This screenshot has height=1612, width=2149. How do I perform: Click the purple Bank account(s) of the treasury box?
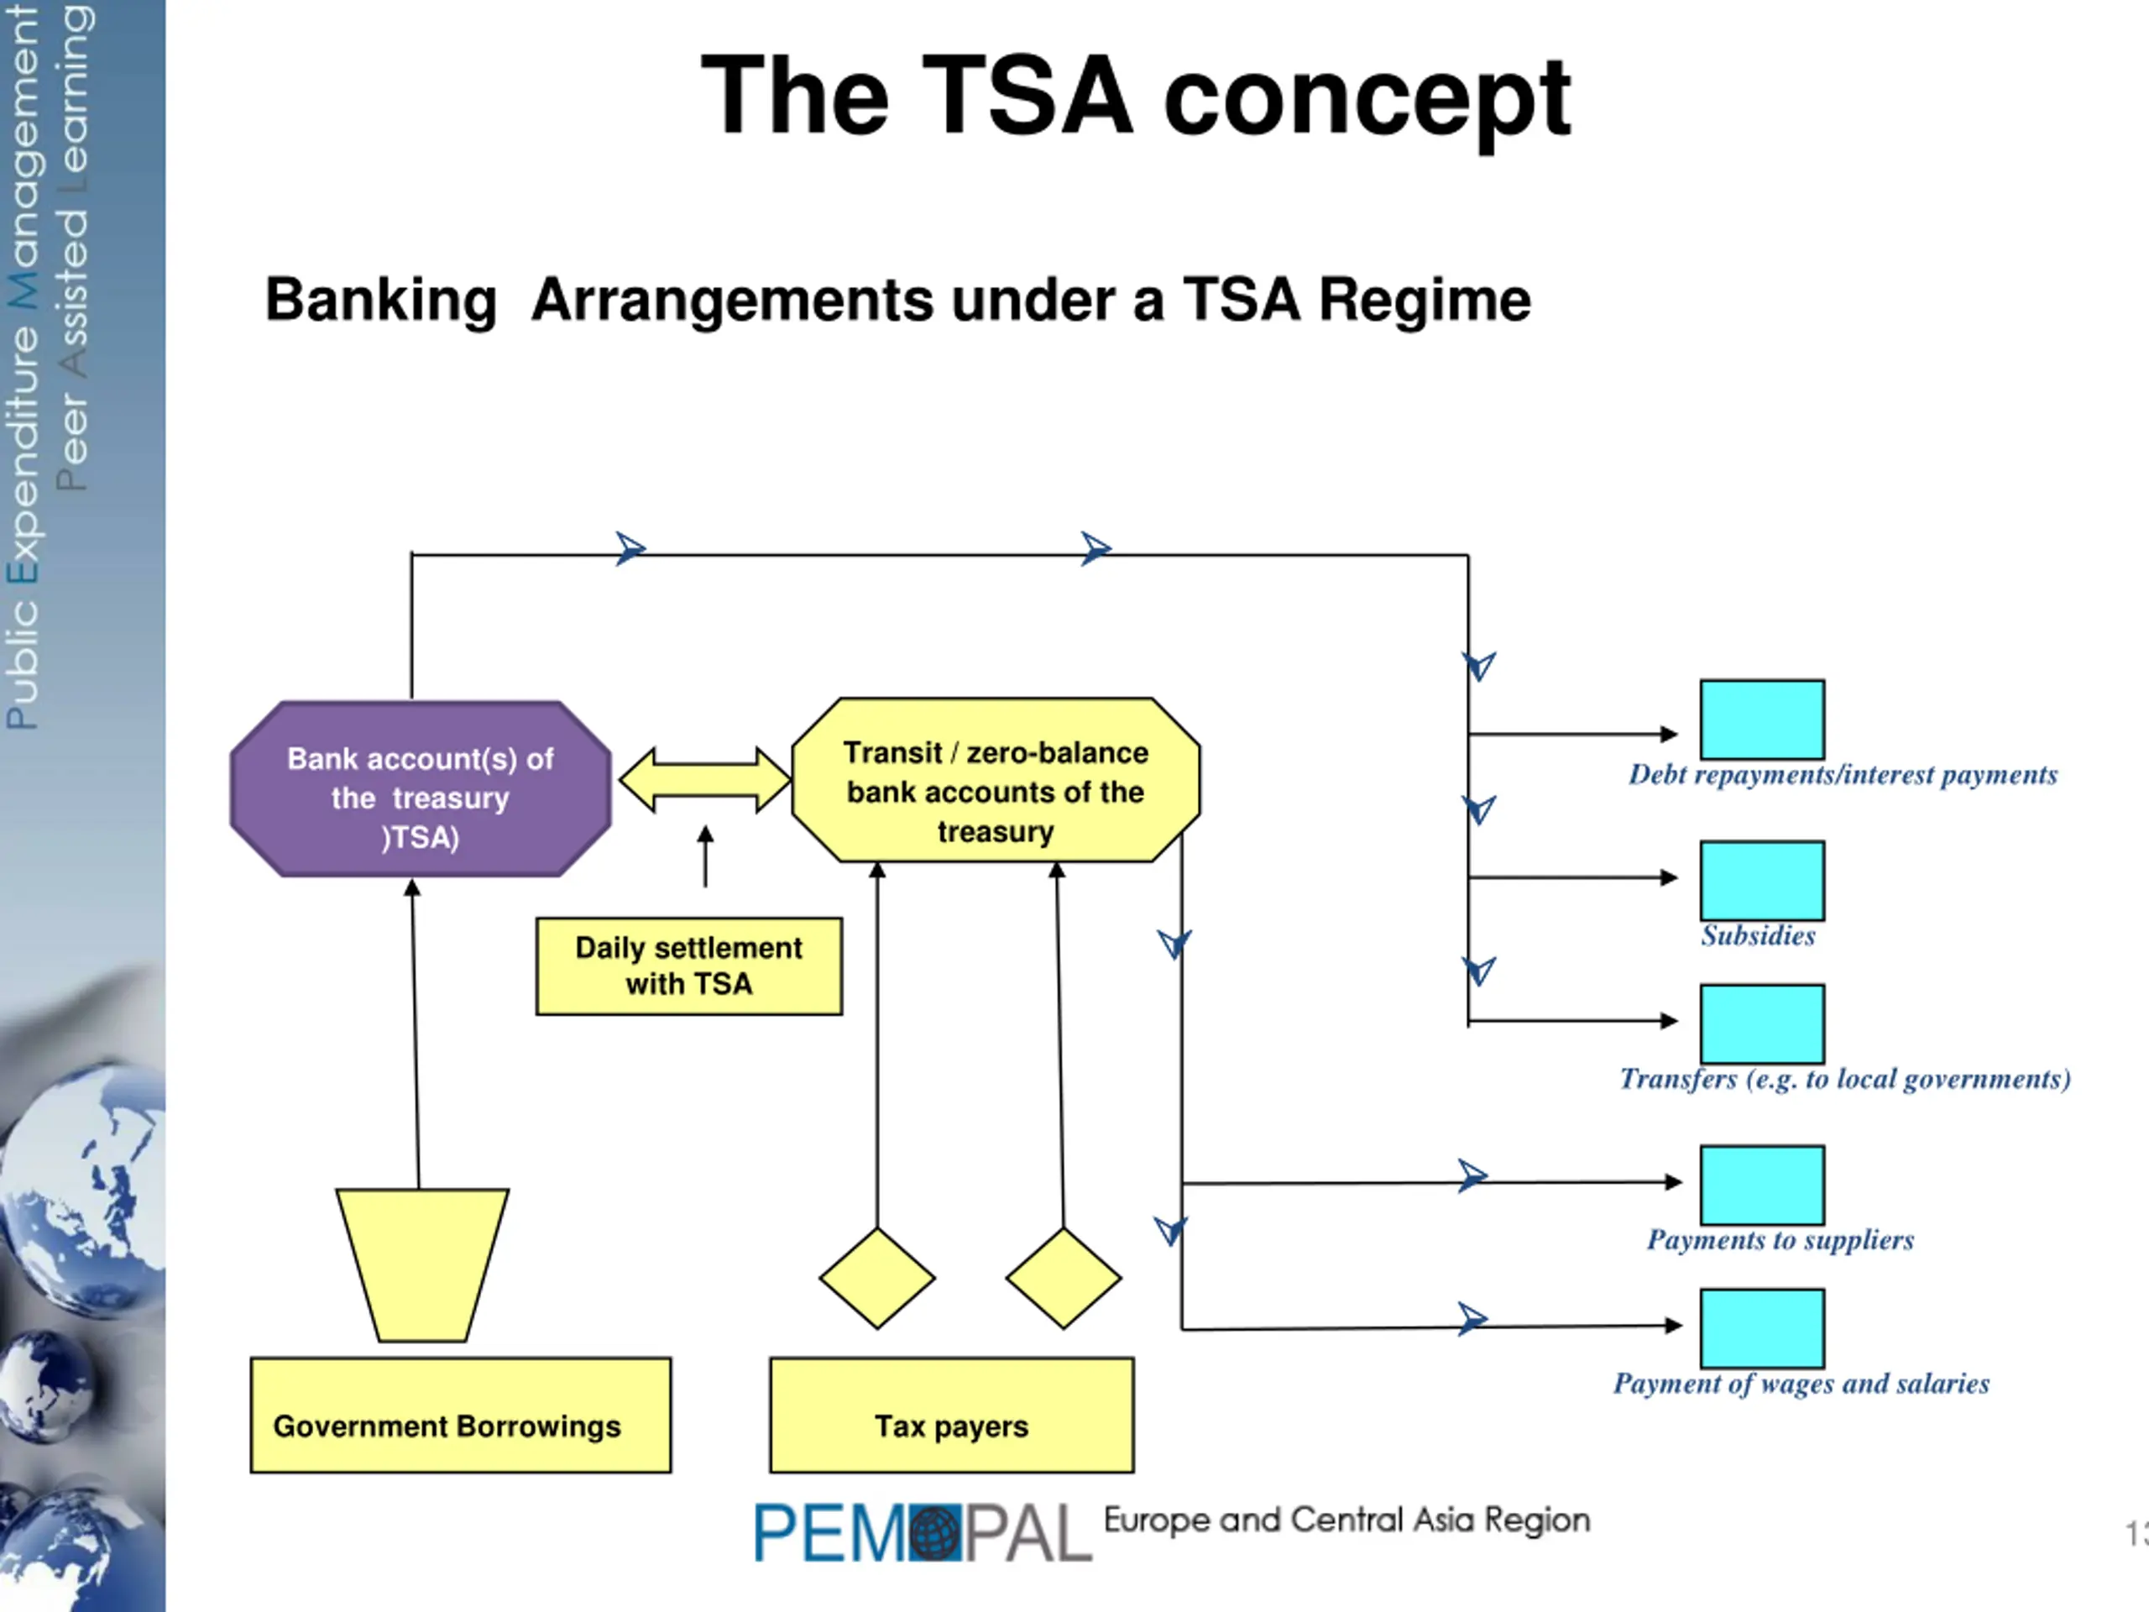click(x=421, y=789)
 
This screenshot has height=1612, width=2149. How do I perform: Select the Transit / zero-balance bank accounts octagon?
click(x=996, y=780)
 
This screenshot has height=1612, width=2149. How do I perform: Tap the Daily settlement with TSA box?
click(x=689, y=966)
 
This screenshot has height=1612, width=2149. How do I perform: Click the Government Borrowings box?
click(x=461, y=1415)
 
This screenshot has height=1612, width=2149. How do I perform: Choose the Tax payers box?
click(x=951, y=1415)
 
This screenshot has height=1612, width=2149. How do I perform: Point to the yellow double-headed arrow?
click(x=704, y=780)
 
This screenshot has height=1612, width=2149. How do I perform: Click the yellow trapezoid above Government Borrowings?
click(x=421, y=1265)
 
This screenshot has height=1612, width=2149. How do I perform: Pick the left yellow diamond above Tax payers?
click(x=877, y=1278)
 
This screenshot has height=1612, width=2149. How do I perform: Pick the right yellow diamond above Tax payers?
click(x=1064, y=1278)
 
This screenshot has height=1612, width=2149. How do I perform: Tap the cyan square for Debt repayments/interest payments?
click(x=1762, y=719)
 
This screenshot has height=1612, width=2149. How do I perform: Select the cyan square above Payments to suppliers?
click(x=1762, y=1185)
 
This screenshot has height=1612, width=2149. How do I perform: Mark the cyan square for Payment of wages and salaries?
click(x=1762, y=1328)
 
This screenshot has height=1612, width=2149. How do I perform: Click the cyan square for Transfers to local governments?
click(x=1762, y=1024)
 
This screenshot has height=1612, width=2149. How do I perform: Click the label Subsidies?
click(x=1759, y=936)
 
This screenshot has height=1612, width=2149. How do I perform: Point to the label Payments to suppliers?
click(x=1780, y=1241)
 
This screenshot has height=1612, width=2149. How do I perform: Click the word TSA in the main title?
click(x=1027, y=95)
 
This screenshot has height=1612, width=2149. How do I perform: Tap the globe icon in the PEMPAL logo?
click(x=936, y=1533)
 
